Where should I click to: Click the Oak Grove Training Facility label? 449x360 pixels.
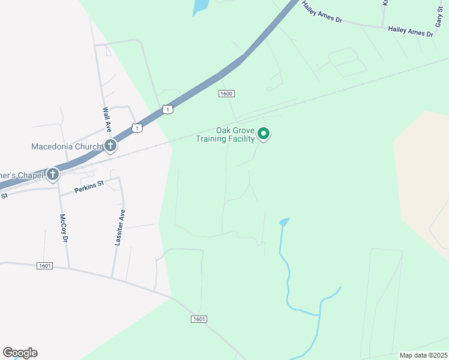[x=226, y=135]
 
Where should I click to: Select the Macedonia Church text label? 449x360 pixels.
[x=67, y=146]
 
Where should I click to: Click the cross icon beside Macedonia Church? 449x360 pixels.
[x=110, y=146]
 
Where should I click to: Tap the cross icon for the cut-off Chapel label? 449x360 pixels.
[x=53, y=175]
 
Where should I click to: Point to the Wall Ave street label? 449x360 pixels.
[x=106, y=119]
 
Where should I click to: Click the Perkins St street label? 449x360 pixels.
[x=89, y=187]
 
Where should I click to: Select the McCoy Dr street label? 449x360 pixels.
[x=63, y=228]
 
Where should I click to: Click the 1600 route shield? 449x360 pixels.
[x=226, y=94]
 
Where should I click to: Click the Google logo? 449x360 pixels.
[x=20, y=353]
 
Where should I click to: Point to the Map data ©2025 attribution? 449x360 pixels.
[x=423, y=355]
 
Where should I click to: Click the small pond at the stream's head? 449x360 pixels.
[x=284, y=222]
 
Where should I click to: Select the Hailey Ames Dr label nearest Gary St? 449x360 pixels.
[x=411, y=31]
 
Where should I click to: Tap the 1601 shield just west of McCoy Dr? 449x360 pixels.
[x=44, y=266]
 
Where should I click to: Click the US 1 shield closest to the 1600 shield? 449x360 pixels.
[x=167, y=109]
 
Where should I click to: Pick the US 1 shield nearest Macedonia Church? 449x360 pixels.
[x=137, y=128]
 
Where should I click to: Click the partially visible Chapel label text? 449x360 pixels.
[x=21, y=175]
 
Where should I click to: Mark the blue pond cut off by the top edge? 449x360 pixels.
[x=200, y=7]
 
